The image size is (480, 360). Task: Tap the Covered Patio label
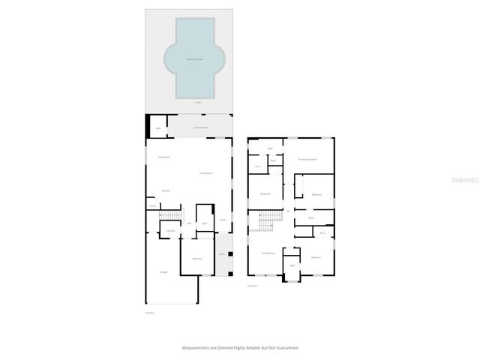199,128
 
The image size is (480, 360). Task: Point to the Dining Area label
163,157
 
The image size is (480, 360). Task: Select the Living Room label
205,173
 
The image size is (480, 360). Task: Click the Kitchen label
165,190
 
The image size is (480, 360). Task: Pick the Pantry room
152,205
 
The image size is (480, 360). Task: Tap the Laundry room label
170,230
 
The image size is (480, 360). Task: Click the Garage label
163,271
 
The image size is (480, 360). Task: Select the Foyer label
223,220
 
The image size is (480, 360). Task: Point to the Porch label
221,253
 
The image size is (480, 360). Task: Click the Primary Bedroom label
307,160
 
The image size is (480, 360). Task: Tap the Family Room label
268,253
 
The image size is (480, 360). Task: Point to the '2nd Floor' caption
252,286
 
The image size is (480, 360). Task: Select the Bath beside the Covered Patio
158,128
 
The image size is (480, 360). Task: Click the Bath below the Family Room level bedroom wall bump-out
292,265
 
